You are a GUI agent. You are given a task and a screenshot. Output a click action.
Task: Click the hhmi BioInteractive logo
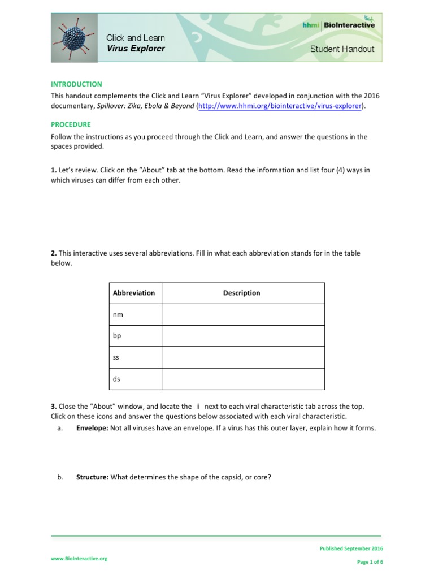[x=338, y=24]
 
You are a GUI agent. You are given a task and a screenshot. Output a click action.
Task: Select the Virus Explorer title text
[x=136, y=49]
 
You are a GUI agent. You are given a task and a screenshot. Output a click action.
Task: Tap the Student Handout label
[x=342, y=49]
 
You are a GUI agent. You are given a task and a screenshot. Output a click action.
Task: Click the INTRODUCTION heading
[x=76, y=84]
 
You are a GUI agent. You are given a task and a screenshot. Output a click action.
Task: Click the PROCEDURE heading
[x=71, y=124]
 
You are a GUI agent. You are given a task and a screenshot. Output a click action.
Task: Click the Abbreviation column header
[x=134, y=293]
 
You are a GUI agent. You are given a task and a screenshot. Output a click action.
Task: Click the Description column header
[x=241, y=293]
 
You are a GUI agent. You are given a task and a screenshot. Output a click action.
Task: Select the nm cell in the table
[x=118, y=314]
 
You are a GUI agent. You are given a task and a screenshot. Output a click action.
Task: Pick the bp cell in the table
[x=117, y=336]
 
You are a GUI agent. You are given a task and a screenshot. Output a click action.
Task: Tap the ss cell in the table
[x=116, y=357]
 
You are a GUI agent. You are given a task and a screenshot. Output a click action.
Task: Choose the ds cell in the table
[x=116, y=379]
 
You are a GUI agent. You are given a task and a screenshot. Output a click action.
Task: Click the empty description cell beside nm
[x=243, y=314]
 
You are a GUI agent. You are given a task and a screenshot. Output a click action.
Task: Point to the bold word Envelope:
[x=92, y=428]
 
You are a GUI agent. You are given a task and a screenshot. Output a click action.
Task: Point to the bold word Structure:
[x=93, y=477]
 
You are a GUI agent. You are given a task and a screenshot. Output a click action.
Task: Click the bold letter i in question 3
[x=198, y=407]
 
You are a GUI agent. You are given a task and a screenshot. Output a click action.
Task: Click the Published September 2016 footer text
[x=351, y=548]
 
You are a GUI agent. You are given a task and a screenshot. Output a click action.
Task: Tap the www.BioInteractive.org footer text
[x=79, y=559]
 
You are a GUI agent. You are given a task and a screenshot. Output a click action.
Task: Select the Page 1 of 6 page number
[x=370, y=562]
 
